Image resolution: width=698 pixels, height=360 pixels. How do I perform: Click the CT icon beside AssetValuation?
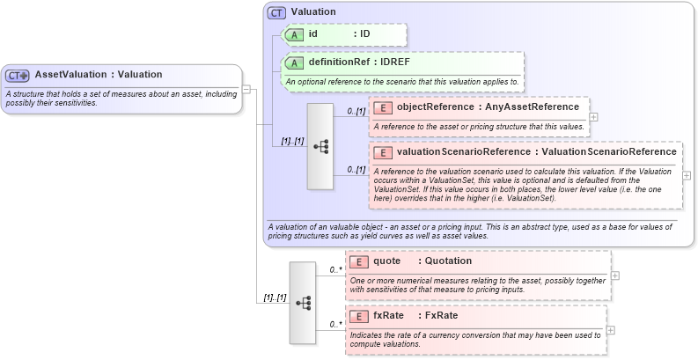click(x=18, y=76)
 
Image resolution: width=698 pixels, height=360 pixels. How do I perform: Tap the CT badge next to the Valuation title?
click(x=277, y=13)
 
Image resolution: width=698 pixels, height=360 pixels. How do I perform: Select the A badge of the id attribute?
click(x=295, y=34)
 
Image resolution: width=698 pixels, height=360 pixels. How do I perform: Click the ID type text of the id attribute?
click(x=364, y=34)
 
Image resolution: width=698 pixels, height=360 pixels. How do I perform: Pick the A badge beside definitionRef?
click(x=295, y=63)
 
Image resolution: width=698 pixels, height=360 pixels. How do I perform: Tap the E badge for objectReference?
click(x=383, y=107)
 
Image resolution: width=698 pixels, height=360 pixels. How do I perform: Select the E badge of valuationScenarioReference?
click(x=383, y=151)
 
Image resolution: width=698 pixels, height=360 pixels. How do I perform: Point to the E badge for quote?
click(x=359, y=261)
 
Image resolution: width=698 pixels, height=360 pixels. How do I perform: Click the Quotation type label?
click(x=448, y=261)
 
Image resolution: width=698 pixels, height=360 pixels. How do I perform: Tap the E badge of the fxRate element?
click(x=359, y=316)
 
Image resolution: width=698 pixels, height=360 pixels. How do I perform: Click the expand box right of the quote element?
click(x=614, y=276)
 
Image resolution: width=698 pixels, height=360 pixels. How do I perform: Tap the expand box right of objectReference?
click(x=594, y=116)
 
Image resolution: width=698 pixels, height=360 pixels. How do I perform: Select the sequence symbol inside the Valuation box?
click(x=320, y=147)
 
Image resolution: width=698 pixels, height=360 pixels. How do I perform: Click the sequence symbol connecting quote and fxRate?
click(x=303, y=303)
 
